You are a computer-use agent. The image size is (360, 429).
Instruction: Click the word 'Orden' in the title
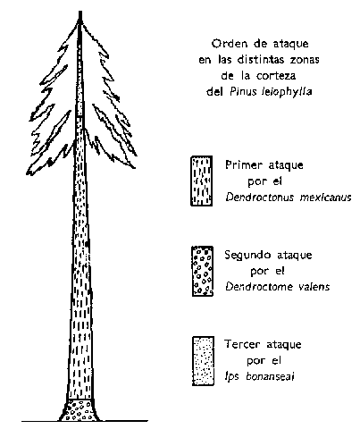tap(225, 44)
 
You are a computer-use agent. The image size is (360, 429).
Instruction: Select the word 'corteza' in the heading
tap(276, 76)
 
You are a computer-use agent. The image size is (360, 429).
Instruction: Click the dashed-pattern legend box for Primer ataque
tap(202, 181)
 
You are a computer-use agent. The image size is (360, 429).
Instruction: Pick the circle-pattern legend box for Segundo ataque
tap(203, 271)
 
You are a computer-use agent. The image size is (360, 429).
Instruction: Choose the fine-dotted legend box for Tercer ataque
tap(203, 361)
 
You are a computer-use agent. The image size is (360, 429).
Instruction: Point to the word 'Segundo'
tap(247, 256)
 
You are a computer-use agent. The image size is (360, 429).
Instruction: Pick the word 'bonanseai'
tap(271, 376)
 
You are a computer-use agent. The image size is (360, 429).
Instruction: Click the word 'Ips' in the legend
tap(232, 377)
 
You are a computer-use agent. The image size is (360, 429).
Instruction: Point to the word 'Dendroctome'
tap(259, 287)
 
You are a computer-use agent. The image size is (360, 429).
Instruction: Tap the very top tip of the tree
tap(80, 12)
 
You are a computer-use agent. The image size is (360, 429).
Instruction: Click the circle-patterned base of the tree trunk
tap(80, 410)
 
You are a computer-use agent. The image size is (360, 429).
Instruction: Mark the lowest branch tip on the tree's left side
tap(28, 173)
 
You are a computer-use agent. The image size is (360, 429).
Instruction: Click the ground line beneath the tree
tap(85, 421)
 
